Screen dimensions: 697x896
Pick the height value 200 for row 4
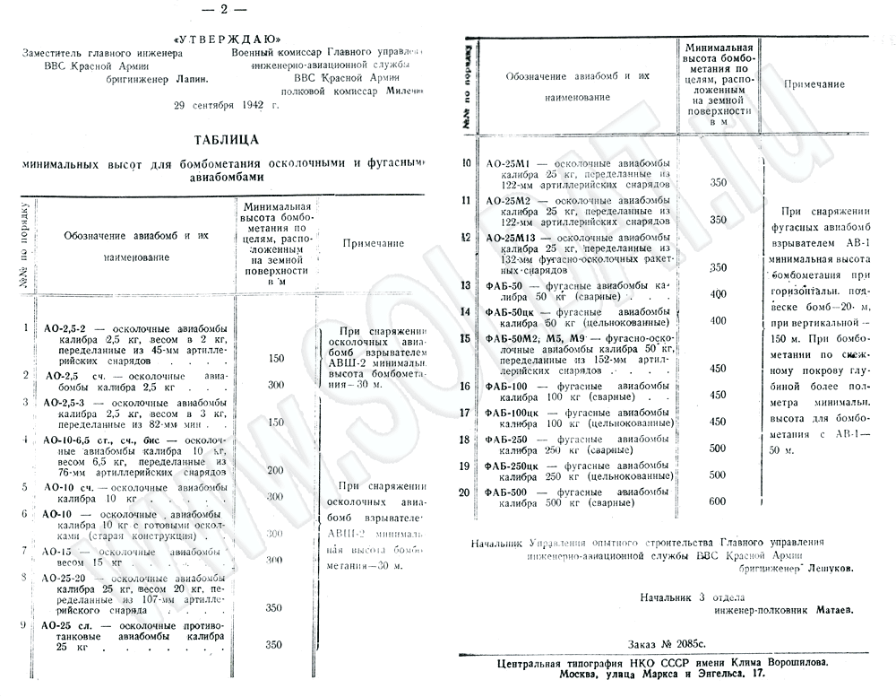275,469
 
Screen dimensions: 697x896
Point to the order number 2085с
674,645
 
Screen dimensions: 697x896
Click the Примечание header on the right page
814,83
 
